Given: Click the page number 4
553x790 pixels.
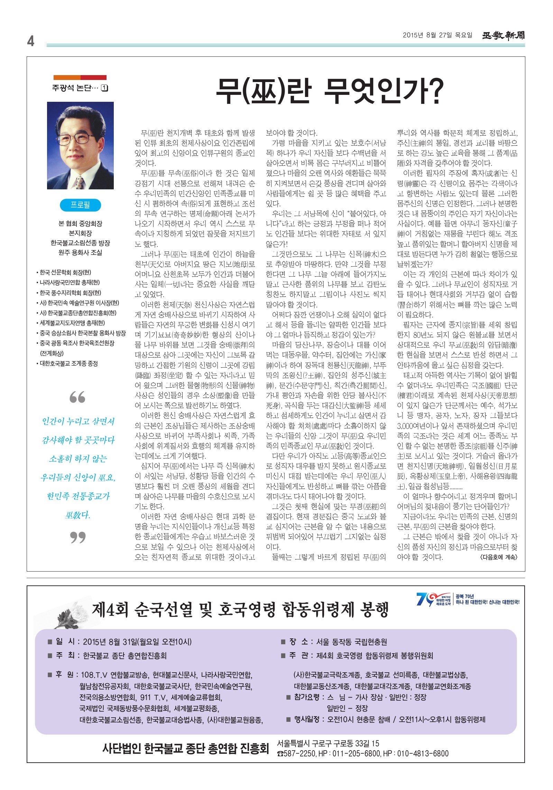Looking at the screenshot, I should [x=31, y=42].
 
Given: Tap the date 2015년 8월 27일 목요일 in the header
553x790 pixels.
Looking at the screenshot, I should [x=437, y=35].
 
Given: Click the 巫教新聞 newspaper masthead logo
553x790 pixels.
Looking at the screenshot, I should [x=503, y=35].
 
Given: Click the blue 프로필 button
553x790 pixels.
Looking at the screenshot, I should [x=80, y=205].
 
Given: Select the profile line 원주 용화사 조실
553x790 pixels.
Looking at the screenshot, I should [x=80, y=253].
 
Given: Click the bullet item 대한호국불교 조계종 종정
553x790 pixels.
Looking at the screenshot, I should [x=68, y=363].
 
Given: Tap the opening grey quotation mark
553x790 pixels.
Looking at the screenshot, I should [x=77, y=397].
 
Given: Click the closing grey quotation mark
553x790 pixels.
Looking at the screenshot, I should [x=77, y=537].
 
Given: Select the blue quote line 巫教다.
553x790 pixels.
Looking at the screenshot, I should [x=77, y=515].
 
